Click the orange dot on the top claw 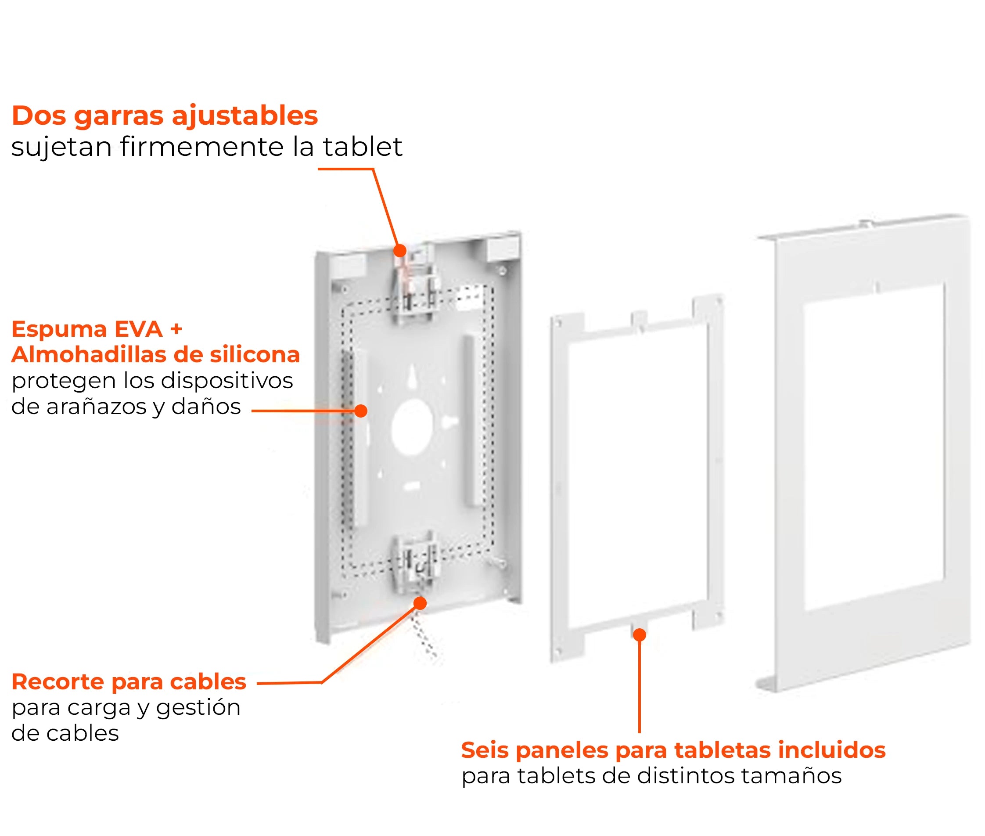[399, 250]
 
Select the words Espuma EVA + [97, 329]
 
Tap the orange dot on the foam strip [360, 411]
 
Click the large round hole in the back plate [412, 426]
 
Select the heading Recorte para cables [129, 681]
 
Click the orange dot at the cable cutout [420, 603]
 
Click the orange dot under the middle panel [639, 634]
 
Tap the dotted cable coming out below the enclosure [425, 638]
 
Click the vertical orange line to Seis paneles [639, 687]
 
